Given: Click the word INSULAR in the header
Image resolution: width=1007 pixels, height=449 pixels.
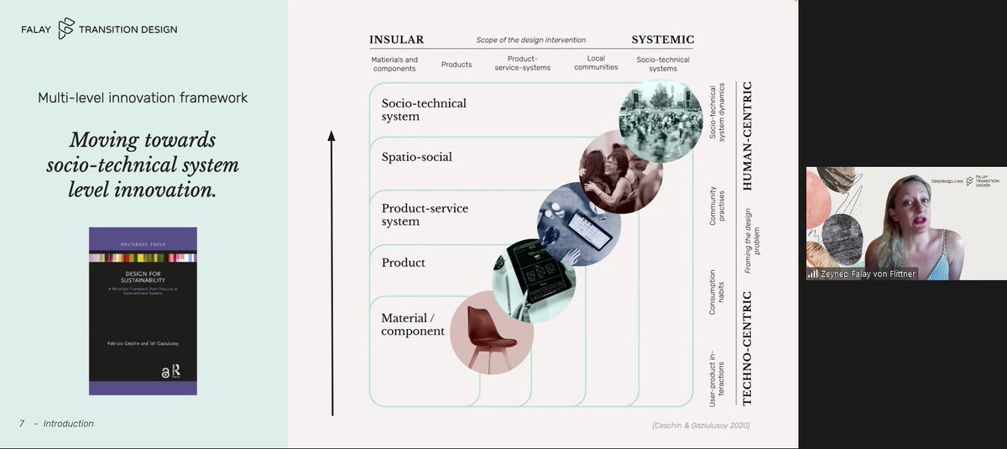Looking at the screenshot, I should click(x=396, y=39).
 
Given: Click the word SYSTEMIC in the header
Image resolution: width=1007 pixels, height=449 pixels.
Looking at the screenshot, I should click(x=662, y=39).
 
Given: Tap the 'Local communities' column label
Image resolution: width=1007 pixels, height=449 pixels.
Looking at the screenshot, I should click(x=596, y=63).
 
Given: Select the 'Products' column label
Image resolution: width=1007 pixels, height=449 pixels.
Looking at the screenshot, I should click(x=457, y=65).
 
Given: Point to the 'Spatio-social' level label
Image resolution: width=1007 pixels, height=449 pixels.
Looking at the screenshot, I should click(x=417, y=157).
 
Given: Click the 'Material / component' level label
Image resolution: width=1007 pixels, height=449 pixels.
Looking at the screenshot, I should click(x=413, y=325).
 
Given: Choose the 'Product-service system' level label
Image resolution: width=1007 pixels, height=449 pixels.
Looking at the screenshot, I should click(x=425, y=215).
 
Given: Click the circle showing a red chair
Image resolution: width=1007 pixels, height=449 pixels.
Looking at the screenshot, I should click(x=491, y=332).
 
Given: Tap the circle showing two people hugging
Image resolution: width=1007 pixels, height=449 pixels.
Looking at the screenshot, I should click(x=621, y=172).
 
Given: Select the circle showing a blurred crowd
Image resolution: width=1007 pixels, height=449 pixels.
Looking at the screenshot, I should click(x=661, y=120).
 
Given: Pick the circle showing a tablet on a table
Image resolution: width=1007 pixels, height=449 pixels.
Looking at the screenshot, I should click(x=579, y=224).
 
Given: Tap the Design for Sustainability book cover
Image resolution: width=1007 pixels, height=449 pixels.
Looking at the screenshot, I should click(x=143, y=311).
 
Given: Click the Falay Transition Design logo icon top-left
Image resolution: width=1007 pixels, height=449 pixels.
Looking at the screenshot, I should click(x=66, y=29).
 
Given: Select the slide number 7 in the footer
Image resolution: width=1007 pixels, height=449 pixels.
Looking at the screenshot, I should click(x=22, y=424).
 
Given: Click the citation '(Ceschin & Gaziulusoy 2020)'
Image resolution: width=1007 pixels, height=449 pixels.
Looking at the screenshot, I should click(x=701, y=426).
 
